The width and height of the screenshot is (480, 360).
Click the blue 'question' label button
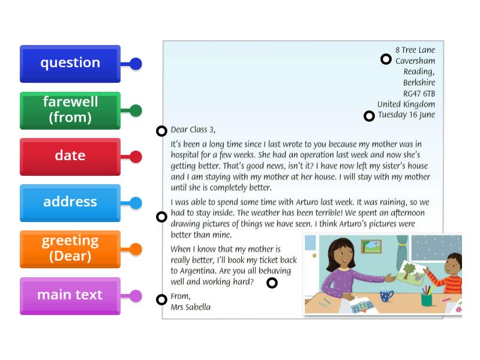coord(70,64)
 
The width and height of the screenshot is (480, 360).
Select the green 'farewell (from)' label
coord(70,110)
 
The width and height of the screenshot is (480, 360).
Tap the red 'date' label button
coord(70,157)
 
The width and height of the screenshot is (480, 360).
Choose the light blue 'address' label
coord(70,203)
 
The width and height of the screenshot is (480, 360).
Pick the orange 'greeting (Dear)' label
coord(70,249)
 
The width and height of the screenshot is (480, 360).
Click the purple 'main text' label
coord(70,296)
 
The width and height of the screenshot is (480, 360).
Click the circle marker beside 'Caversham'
coord(386,59)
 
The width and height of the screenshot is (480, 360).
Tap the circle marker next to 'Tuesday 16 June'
coord(369,116)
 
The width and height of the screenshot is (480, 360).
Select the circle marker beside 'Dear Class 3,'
coord(161,131)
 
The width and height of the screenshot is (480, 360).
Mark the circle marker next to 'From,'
coord(161,299)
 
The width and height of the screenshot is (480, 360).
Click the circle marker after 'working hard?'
coord(272,283)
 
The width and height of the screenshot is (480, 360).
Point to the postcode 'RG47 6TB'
coord(419,94)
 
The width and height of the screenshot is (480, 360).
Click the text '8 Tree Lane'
coord(415,50)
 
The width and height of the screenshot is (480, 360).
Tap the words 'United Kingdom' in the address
coord(406,104)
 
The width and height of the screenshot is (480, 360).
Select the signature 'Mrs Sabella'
coord(191,307)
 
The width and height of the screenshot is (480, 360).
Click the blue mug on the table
coord(386,295)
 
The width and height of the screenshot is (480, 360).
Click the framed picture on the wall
coord(371,246)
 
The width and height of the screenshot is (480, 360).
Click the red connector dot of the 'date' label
coord(136,157)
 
